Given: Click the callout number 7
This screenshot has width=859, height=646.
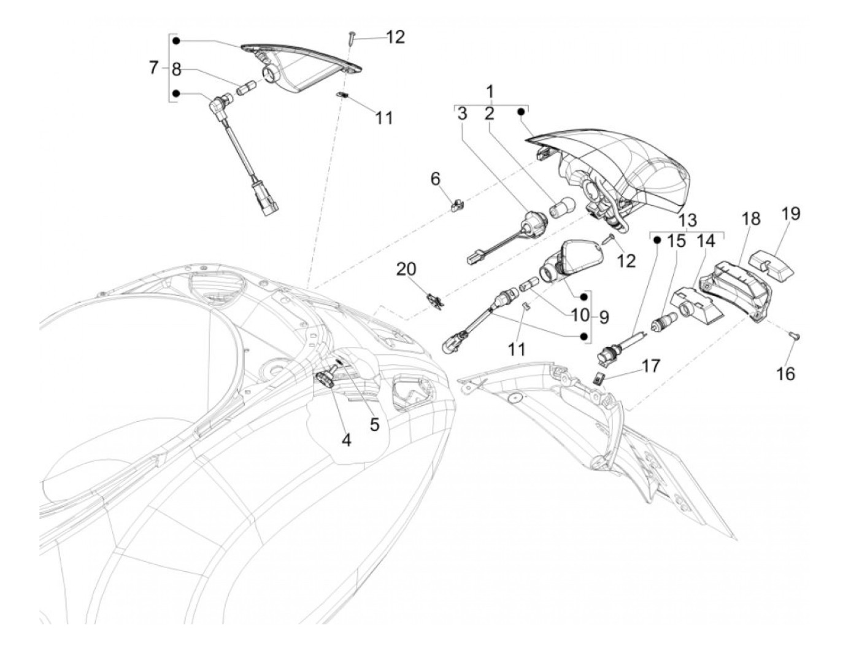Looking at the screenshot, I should coord(154,68).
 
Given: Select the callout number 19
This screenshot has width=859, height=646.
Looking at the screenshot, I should coord(791,214).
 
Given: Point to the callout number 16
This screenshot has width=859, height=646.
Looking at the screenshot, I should coord(786,373).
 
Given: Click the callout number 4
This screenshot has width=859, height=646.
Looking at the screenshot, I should coord(347,440).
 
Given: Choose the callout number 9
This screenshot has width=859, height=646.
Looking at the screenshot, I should coord(604,317).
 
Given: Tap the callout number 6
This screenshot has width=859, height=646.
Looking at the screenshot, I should coord(435,179).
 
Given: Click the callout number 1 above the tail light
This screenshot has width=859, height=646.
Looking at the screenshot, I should coord(490,91).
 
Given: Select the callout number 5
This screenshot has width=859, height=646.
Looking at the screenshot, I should coord(374,424).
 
